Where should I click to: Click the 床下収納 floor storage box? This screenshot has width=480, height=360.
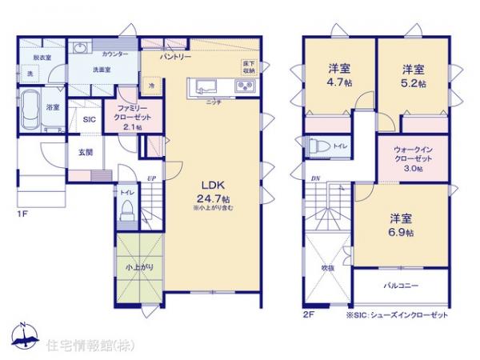click(x=249, y=66)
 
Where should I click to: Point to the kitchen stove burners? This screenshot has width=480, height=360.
click(x=244, y=86)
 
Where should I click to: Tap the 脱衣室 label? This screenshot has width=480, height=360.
click(x=31, y=58)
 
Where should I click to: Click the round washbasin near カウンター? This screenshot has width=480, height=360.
click(x=79, y=48)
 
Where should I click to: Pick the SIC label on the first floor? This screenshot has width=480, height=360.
click(x=90, y=118)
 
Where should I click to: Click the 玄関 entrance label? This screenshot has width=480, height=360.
click(x=86, y=152)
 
